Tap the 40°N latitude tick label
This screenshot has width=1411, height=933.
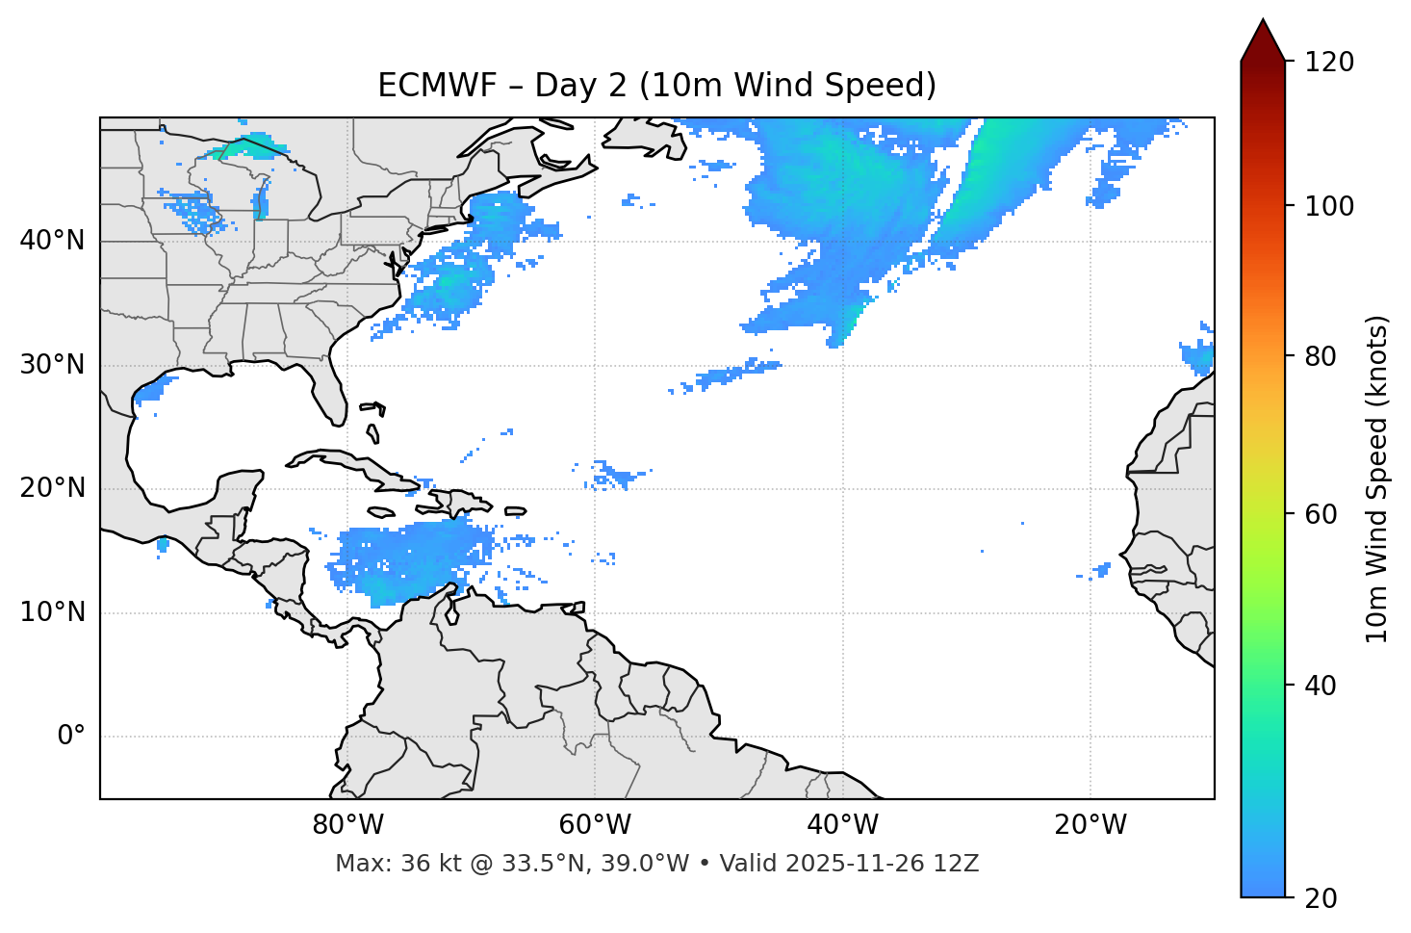click(52, 241)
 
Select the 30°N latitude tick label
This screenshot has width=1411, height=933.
click(52, 365)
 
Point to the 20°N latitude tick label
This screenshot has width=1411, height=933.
click(52, 488)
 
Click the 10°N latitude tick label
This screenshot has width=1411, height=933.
click(52, 612)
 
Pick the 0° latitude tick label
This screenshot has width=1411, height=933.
click(70, 737)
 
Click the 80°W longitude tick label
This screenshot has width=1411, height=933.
click(347, 825)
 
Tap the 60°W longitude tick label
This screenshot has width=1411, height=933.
click(595, 825)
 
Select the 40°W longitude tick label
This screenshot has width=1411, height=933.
click(842, 825)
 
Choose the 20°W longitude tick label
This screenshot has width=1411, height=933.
click(1090, 825)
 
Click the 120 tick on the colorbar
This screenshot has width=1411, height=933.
click(1329, 63)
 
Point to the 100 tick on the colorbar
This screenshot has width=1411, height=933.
click(1329, 206)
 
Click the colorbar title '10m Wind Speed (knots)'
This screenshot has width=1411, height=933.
click(1377, 479)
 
